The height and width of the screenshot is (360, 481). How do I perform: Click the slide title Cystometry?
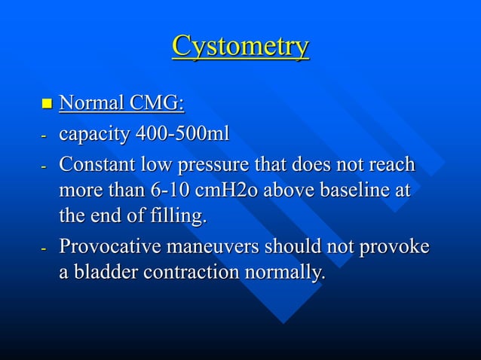(x=240, y=47)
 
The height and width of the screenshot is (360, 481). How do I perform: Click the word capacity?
(x=94, y=136)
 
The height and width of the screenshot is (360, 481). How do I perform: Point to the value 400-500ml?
(x=182, y=134)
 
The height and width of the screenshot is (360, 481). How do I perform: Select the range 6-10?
(x=166, y=191)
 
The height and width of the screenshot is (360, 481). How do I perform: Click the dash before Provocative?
(x=44, y=248)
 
